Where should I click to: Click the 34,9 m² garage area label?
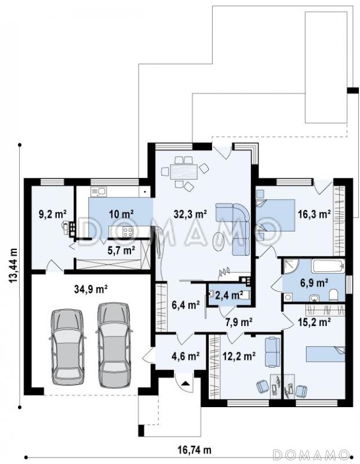(x=90, y=289)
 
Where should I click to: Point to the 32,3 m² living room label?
(x=190, y=213)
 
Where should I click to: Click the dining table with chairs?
(x=184, y=172)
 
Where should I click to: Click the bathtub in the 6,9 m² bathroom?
(x=328, y=266)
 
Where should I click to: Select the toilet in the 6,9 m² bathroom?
(x=333, y=295)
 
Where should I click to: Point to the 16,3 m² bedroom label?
(x=314, y=214)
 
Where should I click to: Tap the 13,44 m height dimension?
(x=13, y=269)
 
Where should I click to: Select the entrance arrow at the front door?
(x=185, y=383)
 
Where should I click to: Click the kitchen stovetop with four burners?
(x=128, y=231)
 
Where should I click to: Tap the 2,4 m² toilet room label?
(x=229, y=295)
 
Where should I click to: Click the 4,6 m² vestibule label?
(x=185, y=356)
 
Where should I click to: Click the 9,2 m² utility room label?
(x=53, y=213)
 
